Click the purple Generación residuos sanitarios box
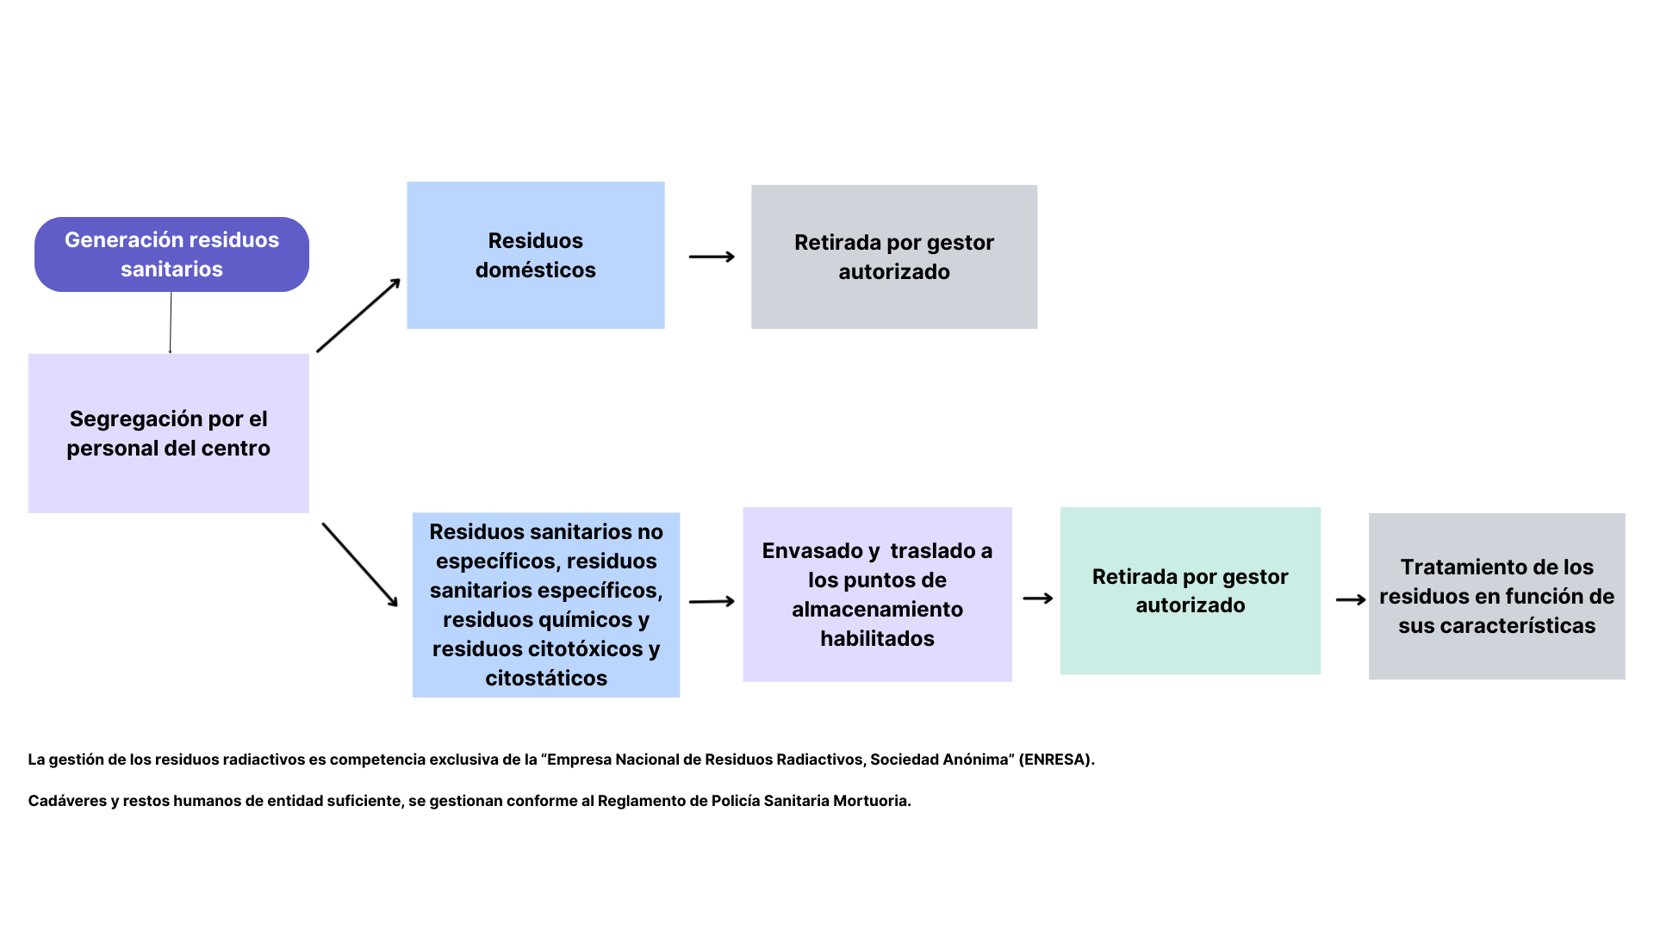coord(171,254)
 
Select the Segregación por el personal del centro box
coord(168,433)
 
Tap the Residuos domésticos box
coord(535,255)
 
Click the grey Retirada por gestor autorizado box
coord(893,257)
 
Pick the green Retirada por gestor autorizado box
coord(1190,591)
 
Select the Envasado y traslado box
coord(877,594)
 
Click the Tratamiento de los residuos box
coord(1496,596)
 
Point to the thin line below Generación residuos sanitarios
coord(171,323)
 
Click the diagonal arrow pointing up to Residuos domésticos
coord(358,315)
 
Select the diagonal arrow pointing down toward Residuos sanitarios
coord(360,565)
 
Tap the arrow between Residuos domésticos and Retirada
coord(712,257)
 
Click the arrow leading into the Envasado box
coord(712,601)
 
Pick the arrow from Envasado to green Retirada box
coord(1037,598)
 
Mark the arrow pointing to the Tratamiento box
coord(1350,599)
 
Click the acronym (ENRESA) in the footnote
coord(1056,759)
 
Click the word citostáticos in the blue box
coord(546,679)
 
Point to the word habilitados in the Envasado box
coord(877,639)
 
